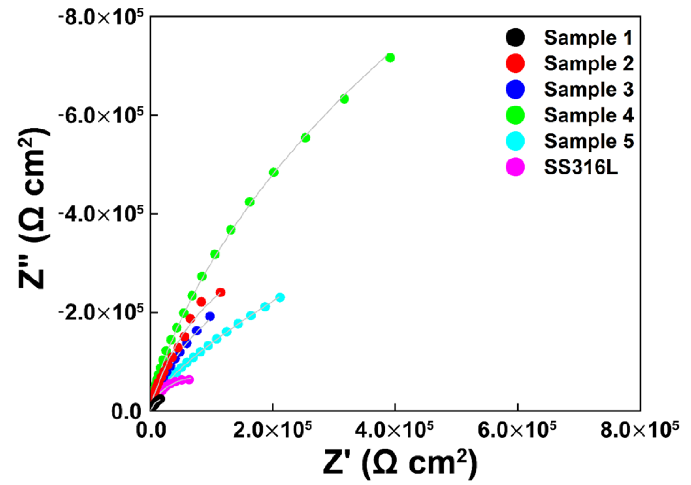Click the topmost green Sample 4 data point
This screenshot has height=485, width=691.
(x=390, y=57)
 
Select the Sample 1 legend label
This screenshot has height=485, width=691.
(x=588, y=38)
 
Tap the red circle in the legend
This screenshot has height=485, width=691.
(x=515, y=64)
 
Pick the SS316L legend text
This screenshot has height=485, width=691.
(x=581, y=167)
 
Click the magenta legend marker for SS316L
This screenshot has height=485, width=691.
(x=515, y=167)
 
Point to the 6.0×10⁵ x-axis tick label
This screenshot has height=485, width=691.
(x=517, y=431)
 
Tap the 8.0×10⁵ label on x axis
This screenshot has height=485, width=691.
(x=639, y=431)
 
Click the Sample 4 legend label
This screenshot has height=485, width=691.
(x=589, y=116)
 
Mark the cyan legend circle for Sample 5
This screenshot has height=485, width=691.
(x=515, y=141)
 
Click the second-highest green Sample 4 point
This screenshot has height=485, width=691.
(x=344, y=99)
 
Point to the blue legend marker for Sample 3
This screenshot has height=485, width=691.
(x=515, y=89)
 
